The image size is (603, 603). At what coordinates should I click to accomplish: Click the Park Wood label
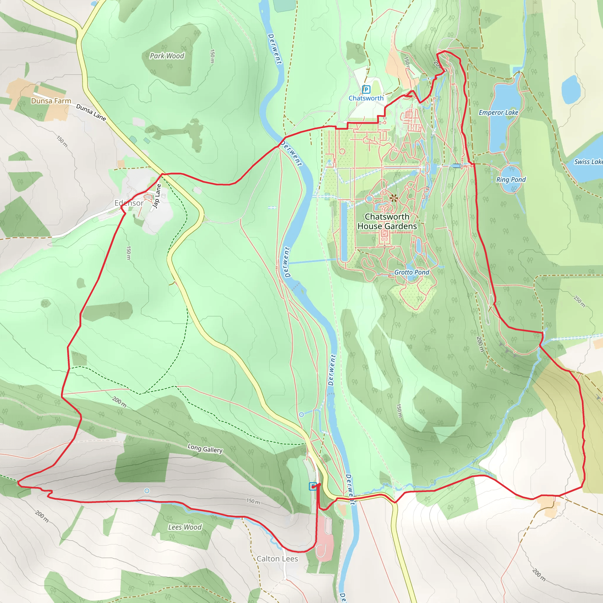click(167, 56)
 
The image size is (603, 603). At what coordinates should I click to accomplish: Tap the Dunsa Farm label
click(51, 101)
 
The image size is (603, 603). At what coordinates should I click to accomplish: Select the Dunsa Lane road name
click(91, 112)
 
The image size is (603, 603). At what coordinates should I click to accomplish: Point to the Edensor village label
click(129, 203)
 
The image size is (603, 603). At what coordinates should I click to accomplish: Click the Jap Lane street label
click(157, 196)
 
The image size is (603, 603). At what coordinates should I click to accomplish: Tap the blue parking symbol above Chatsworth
click(366, 90)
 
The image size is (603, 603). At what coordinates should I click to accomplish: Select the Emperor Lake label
click(498, 112)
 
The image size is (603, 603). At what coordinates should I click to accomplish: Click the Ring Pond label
click(511, 180)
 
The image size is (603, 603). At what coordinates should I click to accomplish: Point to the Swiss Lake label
click(588, 162)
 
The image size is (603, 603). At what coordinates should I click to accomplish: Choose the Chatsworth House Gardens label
click(387, 221)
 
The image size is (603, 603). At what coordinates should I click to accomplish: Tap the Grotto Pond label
click(411, 272)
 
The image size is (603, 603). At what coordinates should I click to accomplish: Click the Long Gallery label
click(205, 448)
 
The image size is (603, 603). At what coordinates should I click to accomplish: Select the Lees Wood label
click(185, 527)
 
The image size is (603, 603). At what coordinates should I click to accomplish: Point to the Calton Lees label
click(277, 559)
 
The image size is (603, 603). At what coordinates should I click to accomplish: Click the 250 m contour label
click(579, 301)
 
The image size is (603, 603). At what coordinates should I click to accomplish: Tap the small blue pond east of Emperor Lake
click(571, 89)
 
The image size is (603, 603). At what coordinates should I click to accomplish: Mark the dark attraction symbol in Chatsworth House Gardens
click(394, 198)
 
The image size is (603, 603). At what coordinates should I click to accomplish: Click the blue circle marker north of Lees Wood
click(147, 491)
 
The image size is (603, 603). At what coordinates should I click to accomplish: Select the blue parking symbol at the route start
click(313, 486)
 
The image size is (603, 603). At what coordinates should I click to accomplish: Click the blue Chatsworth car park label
click(366, 98)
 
